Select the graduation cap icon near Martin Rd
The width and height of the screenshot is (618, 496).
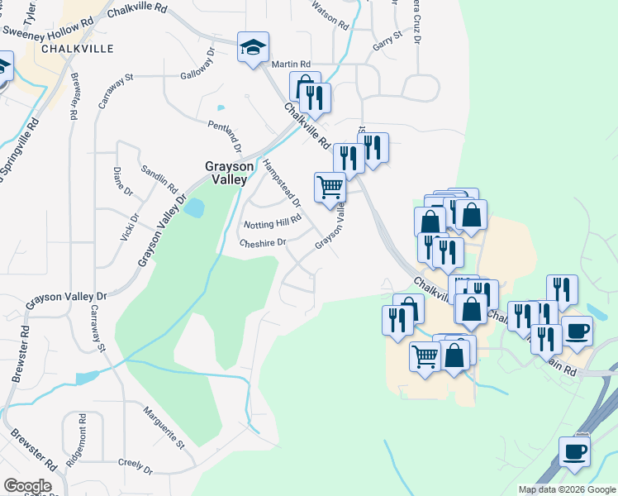253,47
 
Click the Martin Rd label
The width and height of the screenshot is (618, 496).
291,64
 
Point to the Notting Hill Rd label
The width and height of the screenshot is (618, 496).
271,222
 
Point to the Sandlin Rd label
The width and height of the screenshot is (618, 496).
159,176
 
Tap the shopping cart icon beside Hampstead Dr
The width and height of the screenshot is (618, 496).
330,188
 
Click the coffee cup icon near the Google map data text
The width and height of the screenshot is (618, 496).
574,452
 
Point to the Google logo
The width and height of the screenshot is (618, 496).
27,485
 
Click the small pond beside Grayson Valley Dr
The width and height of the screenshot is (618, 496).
194,207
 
